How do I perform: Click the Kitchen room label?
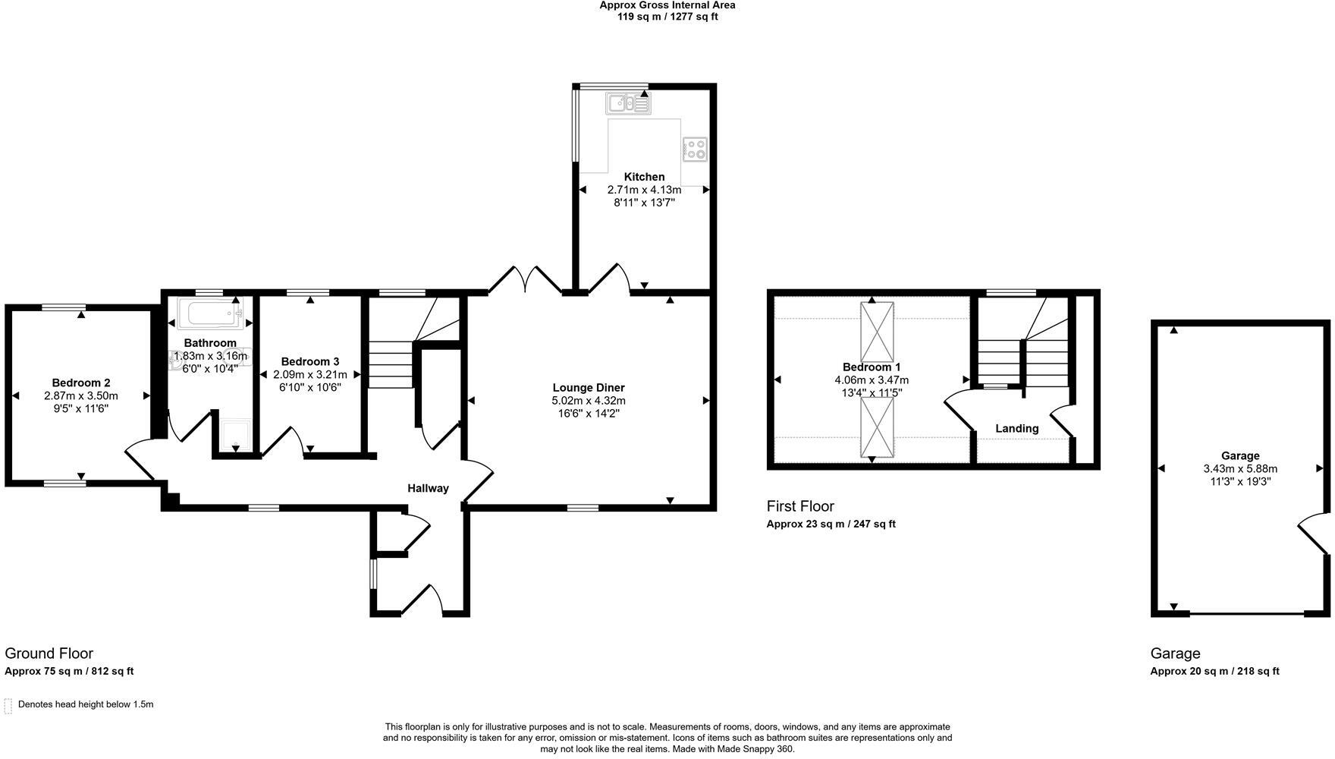644,177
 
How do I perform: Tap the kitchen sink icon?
628,103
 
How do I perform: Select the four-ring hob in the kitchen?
695,149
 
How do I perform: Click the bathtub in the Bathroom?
210,313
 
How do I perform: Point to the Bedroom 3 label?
309,362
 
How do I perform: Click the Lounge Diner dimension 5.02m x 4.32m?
589,401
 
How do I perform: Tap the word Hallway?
428,489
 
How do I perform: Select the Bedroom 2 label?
81,383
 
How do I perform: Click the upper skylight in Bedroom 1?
877,332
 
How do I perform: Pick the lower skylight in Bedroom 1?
877,427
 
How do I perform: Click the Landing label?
1016,429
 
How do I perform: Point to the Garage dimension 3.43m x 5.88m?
1240,469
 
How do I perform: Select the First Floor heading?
799,506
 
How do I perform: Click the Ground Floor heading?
49,653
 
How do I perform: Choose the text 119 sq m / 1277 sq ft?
667,17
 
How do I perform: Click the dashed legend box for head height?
8,706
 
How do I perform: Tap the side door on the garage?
1315,534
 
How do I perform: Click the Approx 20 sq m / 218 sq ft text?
1214,671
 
